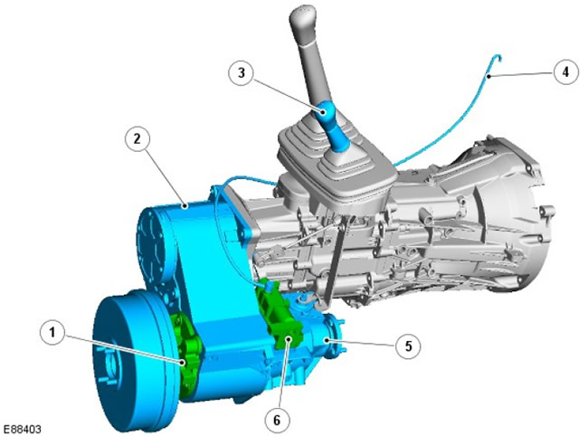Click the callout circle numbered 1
pos(52,332)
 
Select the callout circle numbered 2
pos(137,139)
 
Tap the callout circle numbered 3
pos(242,72)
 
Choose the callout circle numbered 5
pos(408,346)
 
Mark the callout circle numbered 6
pos(277,421)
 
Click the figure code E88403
pos(23,430)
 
